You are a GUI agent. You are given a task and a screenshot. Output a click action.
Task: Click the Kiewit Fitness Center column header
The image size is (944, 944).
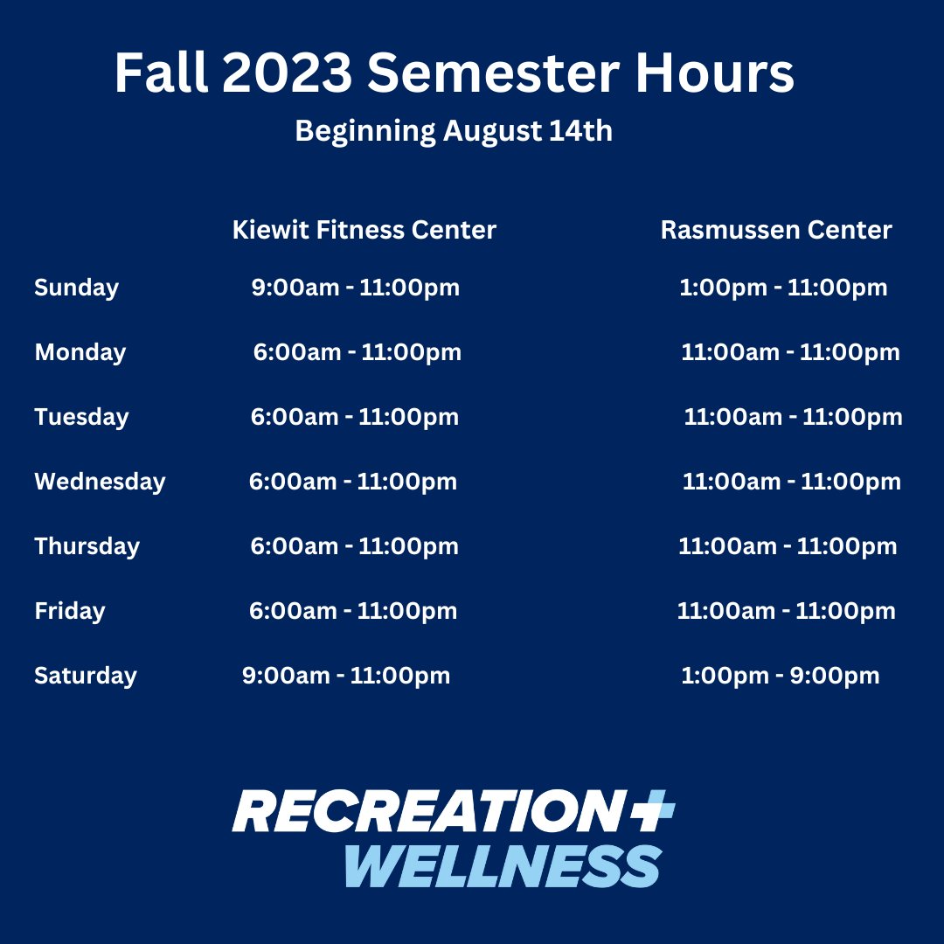(x=364, y=230)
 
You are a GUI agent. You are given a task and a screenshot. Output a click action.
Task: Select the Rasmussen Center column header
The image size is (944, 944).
(x=776, y=230)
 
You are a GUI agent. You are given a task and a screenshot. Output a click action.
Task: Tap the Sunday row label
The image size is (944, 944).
(x=76, y=288)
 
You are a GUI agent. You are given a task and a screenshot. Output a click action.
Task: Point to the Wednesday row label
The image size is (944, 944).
(x=100, y=482)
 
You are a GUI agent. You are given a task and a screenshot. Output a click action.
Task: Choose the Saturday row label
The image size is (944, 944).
(x=86, y=676)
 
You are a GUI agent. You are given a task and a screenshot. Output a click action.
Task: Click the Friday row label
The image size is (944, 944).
(x=70, y=611)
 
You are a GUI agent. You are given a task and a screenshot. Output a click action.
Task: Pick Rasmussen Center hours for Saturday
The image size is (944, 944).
(x=780, y=676)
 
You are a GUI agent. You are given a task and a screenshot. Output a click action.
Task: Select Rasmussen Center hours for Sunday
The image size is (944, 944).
(x=783, y=288)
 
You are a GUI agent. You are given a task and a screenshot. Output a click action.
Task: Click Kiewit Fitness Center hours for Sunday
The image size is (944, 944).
(x=355, y=288)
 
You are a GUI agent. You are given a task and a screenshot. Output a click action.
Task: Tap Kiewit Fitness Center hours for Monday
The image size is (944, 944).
(x=357, y=352)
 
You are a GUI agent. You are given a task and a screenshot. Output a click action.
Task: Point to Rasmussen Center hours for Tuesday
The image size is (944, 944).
(x=793, y=417)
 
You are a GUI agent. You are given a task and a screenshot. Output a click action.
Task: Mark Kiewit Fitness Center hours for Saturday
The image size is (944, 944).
(x=346, y=676)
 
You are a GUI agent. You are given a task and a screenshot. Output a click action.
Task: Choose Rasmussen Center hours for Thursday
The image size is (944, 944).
(x=788, y=546)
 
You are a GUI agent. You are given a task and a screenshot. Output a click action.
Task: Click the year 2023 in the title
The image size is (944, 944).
(x=288, y=73)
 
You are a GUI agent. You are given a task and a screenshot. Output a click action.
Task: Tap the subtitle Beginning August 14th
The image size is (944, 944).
(x=454, y=131)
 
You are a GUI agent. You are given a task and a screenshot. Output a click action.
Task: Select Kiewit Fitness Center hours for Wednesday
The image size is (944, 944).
(x=353, y=482)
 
